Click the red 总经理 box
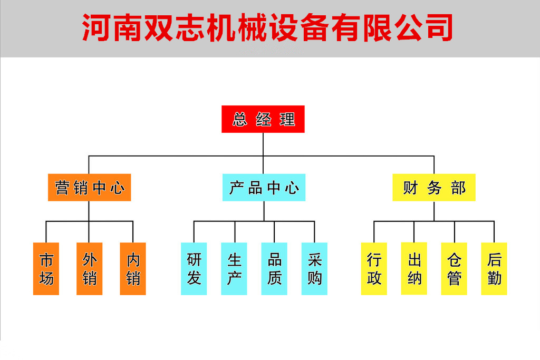point(263,119)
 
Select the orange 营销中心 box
point(90,188)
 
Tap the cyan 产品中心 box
point(264,188)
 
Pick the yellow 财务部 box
point(434,188)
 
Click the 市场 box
point(46,269)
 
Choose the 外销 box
point(90,269)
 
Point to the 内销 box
point(133,269)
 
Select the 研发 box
point(194,269)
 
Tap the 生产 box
point(234,269)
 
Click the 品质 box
point(274,269)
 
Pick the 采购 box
point(314,269)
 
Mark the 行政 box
point(374,269)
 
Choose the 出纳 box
point(414,268)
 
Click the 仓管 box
point(454,269)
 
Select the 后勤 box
point(494,269)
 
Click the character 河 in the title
point(96,27)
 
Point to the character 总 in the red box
point(240,120)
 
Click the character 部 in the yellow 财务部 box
point(458,188)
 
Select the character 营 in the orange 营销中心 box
point(62,188)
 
